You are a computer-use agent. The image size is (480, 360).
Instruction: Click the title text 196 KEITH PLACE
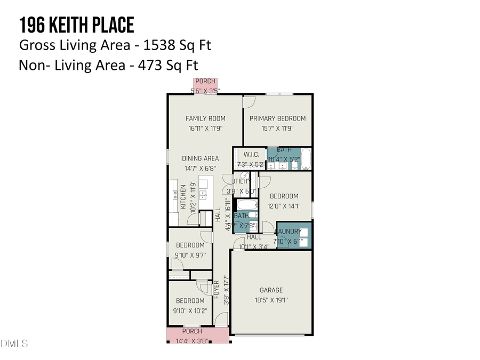tap(76, 25)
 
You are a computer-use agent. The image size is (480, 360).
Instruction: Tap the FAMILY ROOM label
tap(205, 118)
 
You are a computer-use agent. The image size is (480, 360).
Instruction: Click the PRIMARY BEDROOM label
tap(277, 118)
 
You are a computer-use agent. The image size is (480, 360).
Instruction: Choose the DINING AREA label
tap(200, 158)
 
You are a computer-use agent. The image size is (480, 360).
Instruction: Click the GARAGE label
tap(271, 291)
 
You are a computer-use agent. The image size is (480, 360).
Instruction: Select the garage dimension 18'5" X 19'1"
tap(271, 300)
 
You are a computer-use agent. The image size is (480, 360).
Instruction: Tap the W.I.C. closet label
tap(251, 154)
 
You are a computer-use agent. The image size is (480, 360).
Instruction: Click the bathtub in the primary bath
tap(306, 159)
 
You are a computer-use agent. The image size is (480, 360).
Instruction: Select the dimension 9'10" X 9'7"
tap(190, 255)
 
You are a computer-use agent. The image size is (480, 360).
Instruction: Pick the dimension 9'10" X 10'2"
tap(190, 310)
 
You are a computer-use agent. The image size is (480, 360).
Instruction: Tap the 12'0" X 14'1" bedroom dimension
tap(283, 206)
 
